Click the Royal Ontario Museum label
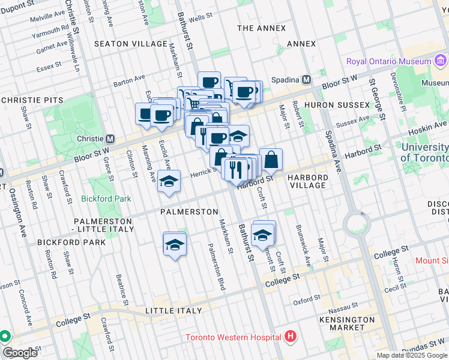388,61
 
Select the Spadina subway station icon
306,80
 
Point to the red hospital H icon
291,336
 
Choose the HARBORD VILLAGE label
307,182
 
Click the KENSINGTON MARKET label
346,324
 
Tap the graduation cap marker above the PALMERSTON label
169,181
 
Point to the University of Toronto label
424,152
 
